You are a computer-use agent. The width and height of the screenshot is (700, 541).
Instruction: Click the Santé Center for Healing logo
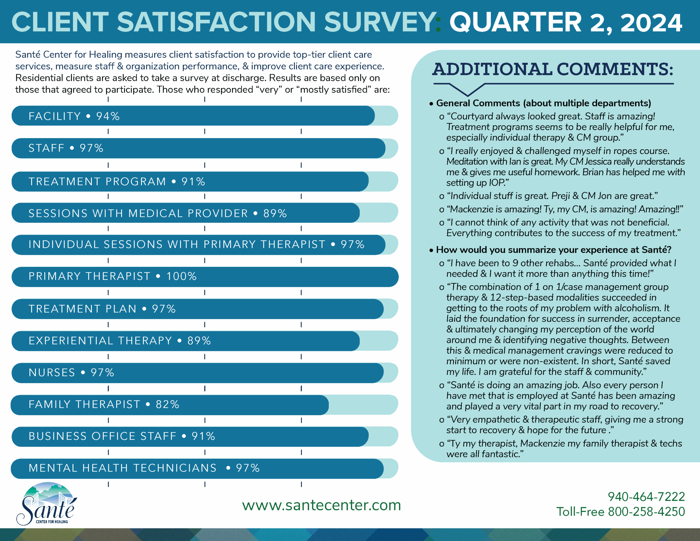point(47,504)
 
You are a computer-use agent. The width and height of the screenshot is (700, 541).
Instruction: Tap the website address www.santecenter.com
point(321,505)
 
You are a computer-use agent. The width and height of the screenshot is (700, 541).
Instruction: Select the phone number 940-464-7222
point(646,497)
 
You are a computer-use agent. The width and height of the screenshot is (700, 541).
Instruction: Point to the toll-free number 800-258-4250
point(646,512)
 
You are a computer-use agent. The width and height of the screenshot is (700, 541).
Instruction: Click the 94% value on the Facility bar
point(108,116)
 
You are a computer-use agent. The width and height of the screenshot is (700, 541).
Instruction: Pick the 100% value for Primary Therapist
point(181,276)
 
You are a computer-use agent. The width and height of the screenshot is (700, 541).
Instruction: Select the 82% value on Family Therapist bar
point(167,405)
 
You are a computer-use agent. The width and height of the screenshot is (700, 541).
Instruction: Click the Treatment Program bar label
point(97,182)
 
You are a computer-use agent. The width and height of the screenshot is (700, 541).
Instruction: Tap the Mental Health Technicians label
point(122,468)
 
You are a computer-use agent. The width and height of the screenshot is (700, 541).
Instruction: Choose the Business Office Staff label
point(102,436)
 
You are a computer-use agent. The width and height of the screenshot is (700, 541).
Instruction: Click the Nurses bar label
point(52,373)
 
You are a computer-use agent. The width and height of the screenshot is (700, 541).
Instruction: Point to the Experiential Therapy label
point(100,341)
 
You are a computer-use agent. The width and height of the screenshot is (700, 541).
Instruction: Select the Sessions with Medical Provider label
point(138,213)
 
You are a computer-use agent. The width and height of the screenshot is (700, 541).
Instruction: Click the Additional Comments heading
point(553,69)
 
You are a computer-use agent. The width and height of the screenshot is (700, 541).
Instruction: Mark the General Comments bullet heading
point(543,103)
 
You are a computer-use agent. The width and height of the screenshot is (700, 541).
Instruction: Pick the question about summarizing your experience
point(553,250)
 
